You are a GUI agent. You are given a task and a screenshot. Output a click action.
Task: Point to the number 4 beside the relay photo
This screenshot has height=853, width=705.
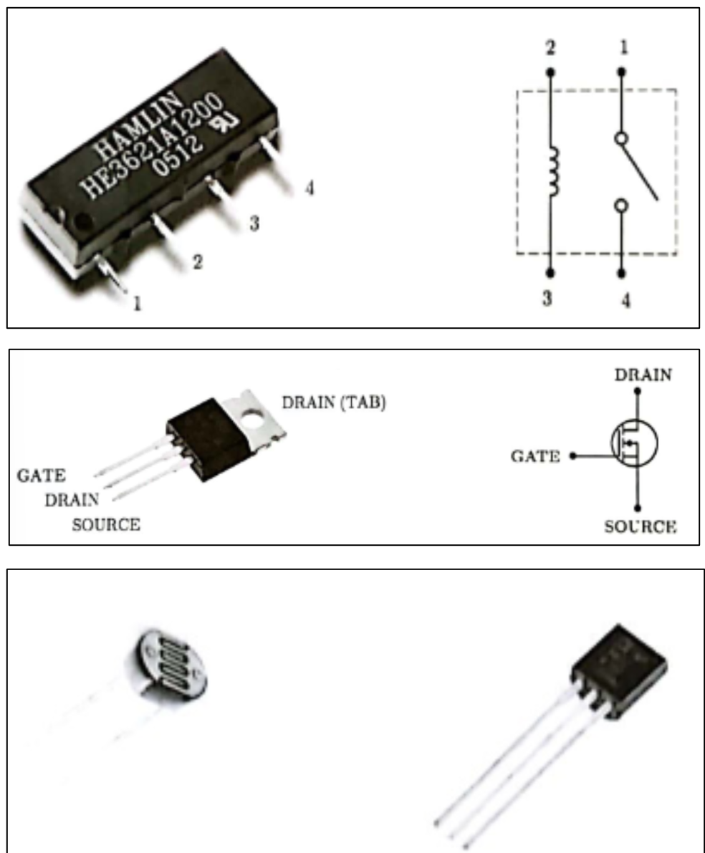coord(309,188)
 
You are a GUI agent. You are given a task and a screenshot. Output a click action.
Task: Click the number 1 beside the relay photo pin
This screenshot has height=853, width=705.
coord(137,303)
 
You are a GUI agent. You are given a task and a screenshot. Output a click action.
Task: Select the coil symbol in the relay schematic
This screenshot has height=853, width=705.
coord(552,172)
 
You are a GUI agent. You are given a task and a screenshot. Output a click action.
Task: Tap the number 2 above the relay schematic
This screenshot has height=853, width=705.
coord(550,48)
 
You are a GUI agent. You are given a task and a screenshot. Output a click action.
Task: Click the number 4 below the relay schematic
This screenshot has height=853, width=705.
coord(625,300)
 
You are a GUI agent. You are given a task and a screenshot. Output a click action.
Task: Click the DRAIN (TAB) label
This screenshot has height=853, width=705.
coord(334,403)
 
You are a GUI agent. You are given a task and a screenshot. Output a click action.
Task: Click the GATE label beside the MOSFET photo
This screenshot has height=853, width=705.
coord(41,476)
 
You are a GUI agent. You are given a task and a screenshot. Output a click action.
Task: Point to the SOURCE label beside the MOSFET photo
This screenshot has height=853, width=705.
coord(106,525)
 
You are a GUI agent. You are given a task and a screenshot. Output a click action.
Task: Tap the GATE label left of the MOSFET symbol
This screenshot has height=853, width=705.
coord(535,456)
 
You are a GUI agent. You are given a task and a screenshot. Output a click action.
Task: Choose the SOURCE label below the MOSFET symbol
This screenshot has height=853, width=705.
coord(640,527)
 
